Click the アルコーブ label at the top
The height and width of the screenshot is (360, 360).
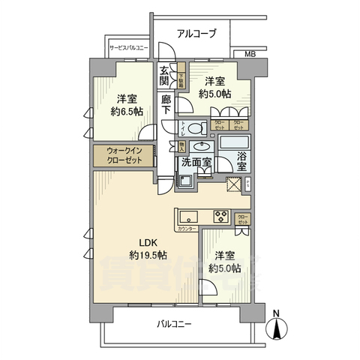(x=196, y=33)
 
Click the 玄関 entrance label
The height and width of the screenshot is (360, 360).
(x=165, y=77)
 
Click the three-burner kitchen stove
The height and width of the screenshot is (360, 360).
(x=223, y=217)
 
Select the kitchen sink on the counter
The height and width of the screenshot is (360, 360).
(x=188, y=215)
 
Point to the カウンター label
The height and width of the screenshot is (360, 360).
(x=187, y=228)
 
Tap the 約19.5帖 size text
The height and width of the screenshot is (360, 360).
(x=148, y=256)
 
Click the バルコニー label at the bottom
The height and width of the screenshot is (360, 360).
(x=174, y=324)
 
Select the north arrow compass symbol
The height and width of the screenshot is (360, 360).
(x=277, y=328)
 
